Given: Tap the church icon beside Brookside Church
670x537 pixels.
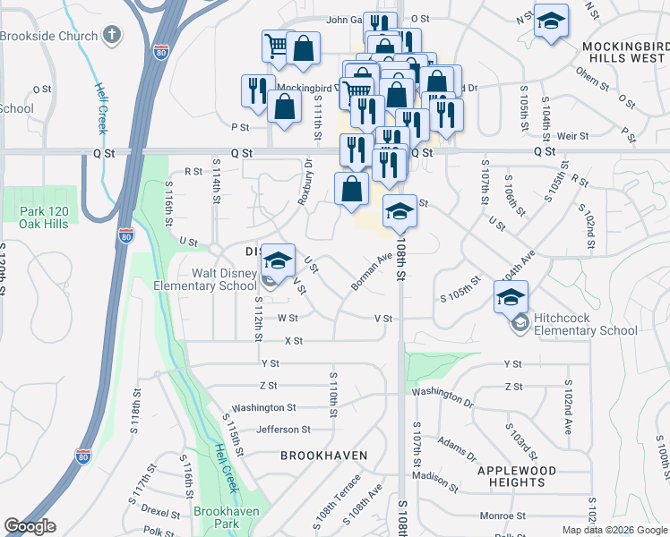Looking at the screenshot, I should pos(111,36).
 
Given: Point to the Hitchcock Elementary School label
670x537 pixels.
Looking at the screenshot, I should pos(585,324).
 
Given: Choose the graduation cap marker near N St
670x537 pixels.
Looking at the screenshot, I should pos(551,21).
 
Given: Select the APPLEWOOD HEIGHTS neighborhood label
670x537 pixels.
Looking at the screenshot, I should pos(528,476).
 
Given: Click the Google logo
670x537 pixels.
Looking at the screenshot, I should pos(30,526).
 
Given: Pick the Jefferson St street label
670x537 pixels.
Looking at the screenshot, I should pos(283,430).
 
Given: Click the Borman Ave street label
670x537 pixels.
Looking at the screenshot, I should pos(372,271).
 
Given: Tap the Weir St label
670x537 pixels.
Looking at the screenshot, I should pos(571,135).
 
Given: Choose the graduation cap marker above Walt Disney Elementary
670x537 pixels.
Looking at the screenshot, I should pos(279,260).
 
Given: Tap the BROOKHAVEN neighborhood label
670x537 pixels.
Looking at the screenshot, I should pos(324,456).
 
